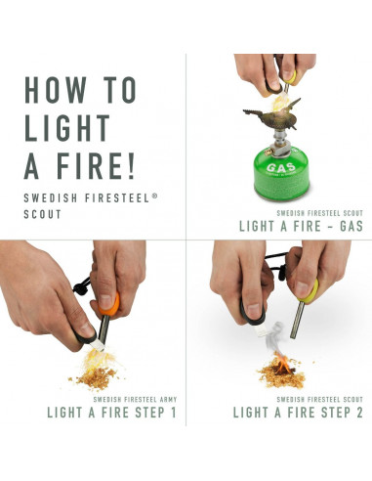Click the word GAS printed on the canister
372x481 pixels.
click(277, 166)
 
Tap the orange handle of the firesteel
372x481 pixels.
click(109, 302)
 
